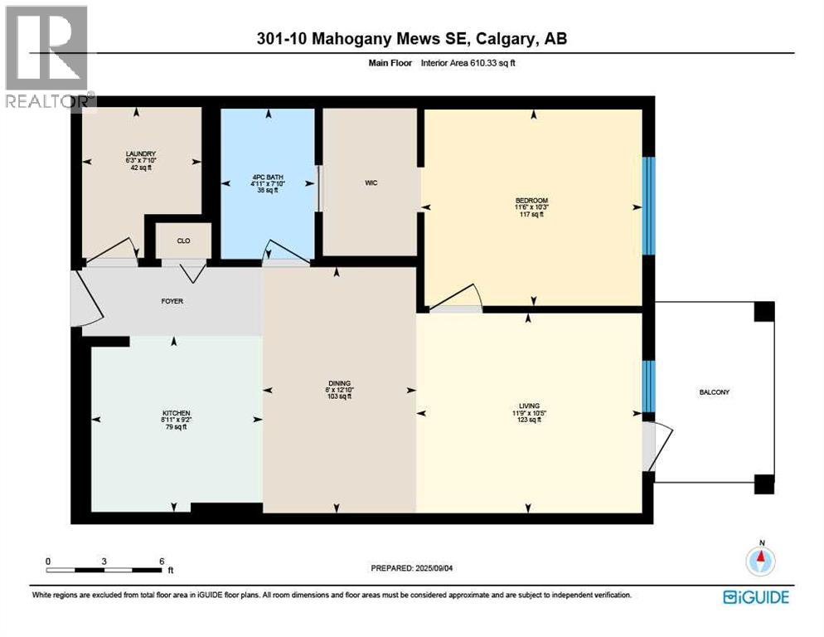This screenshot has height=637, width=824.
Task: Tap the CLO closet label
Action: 184,241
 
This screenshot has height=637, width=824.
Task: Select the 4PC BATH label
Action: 267,176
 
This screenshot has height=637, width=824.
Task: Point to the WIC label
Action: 371,183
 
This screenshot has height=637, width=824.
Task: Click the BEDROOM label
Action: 531,201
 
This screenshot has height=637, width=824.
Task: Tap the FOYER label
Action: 172,301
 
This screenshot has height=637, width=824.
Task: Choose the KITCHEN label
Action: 176,413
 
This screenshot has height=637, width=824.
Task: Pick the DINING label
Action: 339,383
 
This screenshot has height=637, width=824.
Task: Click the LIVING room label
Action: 530,406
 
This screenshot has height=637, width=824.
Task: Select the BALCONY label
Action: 712,392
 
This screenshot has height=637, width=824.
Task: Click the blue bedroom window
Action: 650,205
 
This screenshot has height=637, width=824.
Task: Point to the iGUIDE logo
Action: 755,596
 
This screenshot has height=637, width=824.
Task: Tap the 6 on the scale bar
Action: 161,561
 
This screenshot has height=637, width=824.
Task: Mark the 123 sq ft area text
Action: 530,420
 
